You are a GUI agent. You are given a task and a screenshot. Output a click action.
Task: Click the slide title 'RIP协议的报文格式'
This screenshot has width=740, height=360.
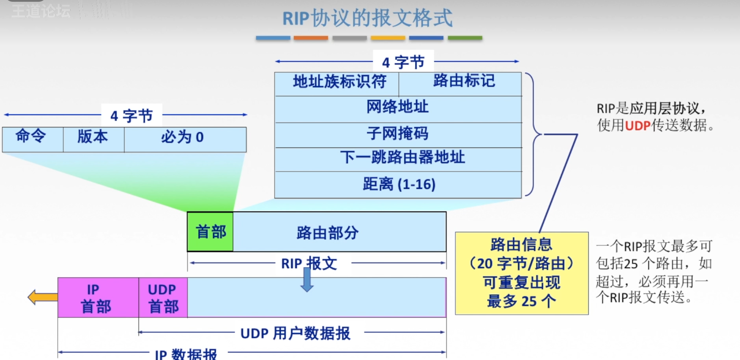click(367, 18)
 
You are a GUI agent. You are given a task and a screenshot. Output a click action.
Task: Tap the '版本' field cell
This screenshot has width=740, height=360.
click(93, 139)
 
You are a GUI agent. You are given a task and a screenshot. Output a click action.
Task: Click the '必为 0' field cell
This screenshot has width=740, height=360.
click(185, 139)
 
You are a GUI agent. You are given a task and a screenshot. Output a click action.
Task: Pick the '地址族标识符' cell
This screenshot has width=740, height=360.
click(337, 84)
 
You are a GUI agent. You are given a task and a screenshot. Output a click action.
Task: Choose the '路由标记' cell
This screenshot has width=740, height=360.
click(460, 84)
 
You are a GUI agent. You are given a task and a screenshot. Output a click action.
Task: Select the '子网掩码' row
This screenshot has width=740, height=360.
click(398, 135)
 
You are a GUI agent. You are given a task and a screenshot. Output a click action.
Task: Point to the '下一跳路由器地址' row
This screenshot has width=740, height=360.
click(398, 159)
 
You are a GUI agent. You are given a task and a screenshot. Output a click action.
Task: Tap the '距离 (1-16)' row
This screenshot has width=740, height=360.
click(398, 184)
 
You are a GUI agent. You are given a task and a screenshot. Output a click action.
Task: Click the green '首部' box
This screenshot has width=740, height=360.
click(210, 232)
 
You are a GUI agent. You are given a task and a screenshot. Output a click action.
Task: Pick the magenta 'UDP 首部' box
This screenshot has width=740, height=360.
click(163, 297)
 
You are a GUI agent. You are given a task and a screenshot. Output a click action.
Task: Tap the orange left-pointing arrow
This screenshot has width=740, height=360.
click(43, 297)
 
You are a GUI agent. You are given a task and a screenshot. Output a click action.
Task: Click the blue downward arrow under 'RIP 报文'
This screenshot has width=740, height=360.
click(307, 280)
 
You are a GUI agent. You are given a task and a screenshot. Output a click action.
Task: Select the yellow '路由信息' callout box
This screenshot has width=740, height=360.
click(522, 273)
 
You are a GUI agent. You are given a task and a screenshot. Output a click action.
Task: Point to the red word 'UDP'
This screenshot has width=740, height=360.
click(638, 126)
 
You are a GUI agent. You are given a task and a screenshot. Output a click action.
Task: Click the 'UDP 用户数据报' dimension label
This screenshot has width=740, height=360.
click(295, 333)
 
